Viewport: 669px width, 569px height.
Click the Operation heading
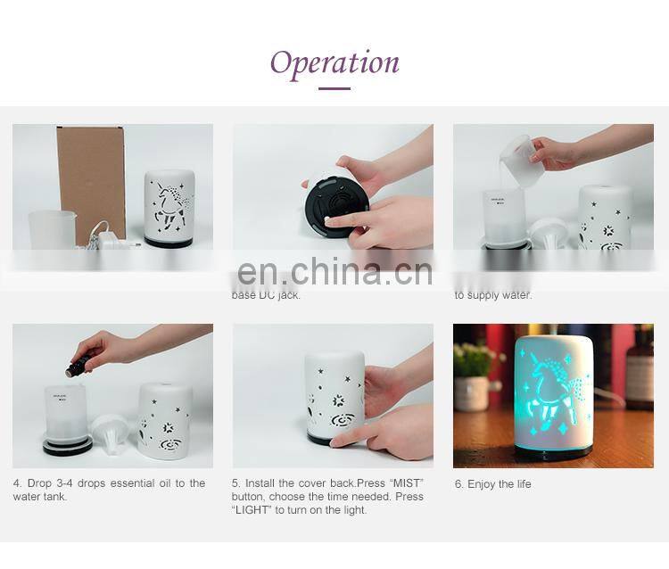[334, 62]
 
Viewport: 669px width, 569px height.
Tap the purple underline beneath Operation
[334, 88]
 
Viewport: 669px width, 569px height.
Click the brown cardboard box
[91, 183]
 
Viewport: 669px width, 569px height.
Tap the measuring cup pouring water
[522, 160]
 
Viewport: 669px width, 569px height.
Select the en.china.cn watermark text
[334, 271]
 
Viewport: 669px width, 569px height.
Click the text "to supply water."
[492, 295]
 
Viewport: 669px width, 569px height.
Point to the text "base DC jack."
[266, 295]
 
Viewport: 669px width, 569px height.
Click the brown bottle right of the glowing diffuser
[639, 370]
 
